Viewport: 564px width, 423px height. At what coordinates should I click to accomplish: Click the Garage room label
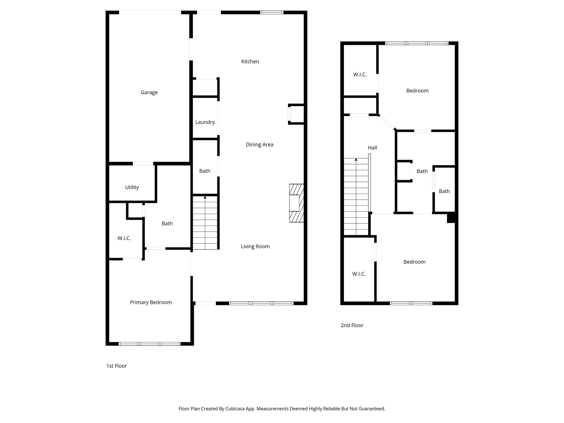point(149,93)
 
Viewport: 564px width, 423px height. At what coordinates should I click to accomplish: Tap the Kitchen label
point(250,62)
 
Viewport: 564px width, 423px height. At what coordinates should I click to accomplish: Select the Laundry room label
point(205,122)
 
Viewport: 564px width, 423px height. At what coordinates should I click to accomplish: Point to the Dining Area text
point(259,145)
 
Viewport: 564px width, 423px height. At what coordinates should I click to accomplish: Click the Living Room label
point(255,246)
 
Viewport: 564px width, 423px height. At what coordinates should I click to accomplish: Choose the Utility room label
point(132,187)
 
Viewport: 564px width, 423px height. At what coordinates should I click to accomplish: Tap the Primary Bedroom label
point(151,302)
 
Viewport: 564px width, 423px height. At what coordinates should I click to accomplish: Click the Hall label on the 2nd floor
point(372,148)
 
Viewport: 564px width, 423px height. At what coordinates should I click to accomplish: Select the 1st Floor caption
point(116,366)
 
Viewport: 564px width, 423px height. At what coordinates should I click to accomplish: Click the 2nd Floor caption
point(352,325)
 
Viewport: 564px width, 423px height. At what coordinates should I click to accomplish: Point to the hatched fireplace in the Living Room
point(296,203)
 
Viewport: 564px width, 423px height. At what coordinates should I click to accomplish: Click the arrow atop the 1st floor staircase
point(205,197)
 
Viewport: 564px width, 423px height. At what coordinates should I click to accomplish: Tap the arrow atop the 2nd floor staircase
point(356,159)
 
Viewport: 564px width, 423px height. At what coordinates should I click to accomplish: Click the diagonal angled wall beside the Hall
point(387,123)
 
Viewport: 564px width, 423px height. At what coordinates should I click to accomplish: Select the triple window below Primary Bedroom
point(150,344)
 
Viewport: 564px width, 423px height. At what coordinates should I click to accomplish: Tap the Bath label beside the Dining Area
point(205,171)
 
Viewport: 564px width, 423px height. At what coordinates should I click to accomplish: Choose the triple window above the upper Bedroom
point(416,43)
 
